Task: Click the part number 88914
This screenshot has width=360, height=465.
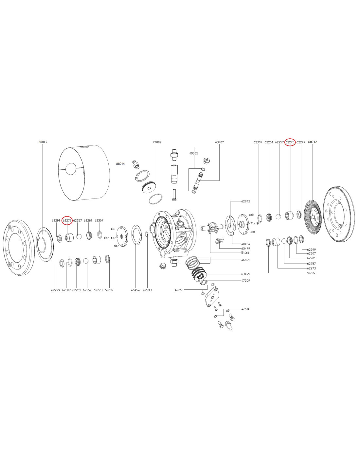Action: pyautogui.click(x=120, y=164)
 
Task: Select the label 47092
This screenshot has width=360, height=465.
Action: pyautogui.click(x=157, y=143)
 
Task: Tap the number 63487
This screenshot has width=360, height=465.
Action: pyautogui.click(x=219, y=143)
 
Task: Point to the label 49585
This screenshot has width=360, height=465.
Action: pyautogui.click(x=193, y=153)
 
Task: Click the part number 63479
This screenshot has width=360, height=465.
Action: pyautogui.click(x=245, y=249)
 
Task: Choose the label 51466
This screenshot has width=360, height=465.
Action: pyautogui.click(x=245, y=253)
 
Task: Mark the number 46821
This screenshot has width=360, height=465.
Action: pyautogui.click(x=245, y=260)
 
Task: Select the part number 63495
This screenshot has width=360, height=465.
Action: pyautogui.click(x=245, y=274)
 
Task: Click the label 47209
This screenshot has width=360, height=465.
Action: pyautogui.click(x=245, y=281)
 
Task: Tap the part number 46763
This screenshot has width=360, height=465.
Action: pyautogui.click(x=179, y=290)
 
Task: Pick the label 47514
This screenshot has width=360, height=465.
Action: pyautogui.click(x=245, y=309)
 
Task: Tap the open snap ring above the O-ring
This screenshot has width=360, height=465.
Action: pyautogui.click(x=143, y=176)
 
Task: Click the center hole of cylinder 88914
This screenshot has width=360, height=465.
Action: pyautogui.click(x=71, y=169)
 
